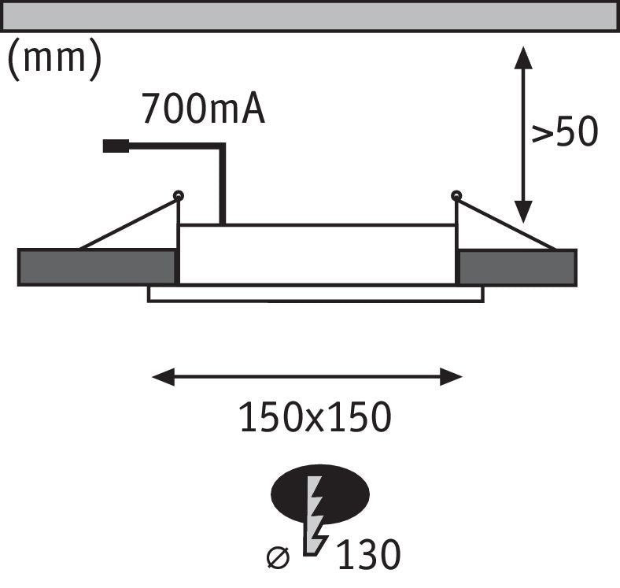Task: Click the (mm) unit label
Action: point(54,59)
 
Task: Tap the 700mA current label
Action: point(203,109)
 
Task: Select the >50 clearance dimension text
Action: point(564,131)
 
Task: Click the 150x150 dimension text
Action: point(315,416)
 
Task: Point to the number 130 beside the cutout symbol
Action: point(369,554)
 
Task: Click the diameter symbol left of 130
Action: point(278,557)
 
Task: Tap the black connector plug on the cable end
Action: point(116,146)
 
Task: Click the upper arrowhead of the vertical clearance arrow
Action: point(523,57)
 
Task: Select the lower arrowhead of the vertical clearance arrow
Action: point(523,212)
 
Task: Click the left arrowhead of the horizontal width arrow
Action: point(164,377)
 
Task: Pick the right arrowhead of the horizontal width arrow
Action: point(451,377)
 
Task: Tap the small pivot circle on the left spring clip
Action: point(179,195)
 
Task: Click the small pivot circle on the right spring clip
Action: point(456,195)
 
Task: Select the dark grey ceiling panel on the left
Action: point(97,267)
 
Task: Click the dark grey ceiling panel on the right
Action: point(518,268)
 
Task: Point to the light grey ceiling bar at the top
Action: point(310,16)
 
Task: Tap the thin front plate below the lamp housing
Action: point(316,294)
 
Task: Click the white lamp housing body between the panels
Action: point(317,254)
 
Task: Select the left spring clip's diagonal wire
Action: point(128,224)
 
